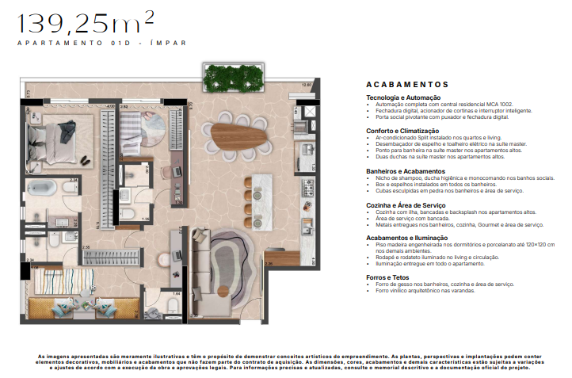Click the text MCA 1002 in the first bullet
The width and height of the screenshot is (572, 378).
pos(517,105)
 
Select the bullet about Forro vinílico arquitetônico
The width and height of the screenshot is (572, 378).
pos(429,290)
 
